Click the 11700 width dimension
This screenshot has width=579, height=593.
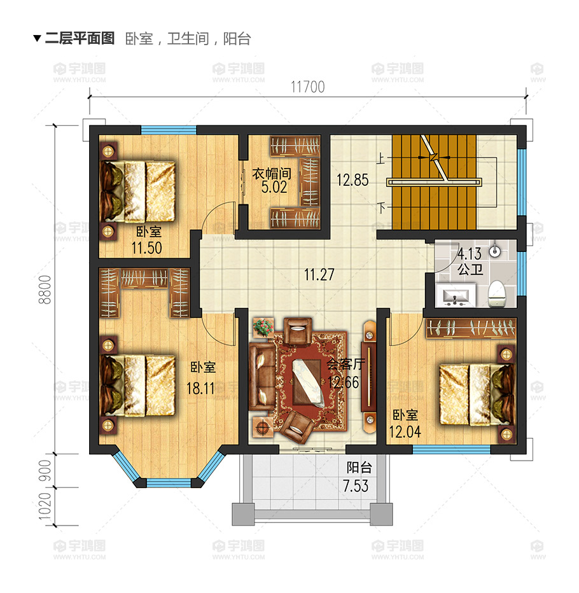308,87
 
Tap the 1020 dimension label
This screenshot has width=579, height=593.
45,507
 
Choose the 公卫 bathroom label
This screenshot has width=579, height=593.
470,270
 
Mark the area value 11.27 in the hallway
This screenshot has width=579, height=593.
319,275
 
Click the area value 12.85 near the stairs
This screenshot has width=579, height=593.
352,180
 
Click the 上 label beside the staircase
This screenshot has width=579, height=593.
381,160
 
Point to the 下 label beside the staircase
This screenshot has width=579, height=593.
381,207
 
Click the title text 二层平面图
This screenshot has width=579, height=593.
80,38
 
